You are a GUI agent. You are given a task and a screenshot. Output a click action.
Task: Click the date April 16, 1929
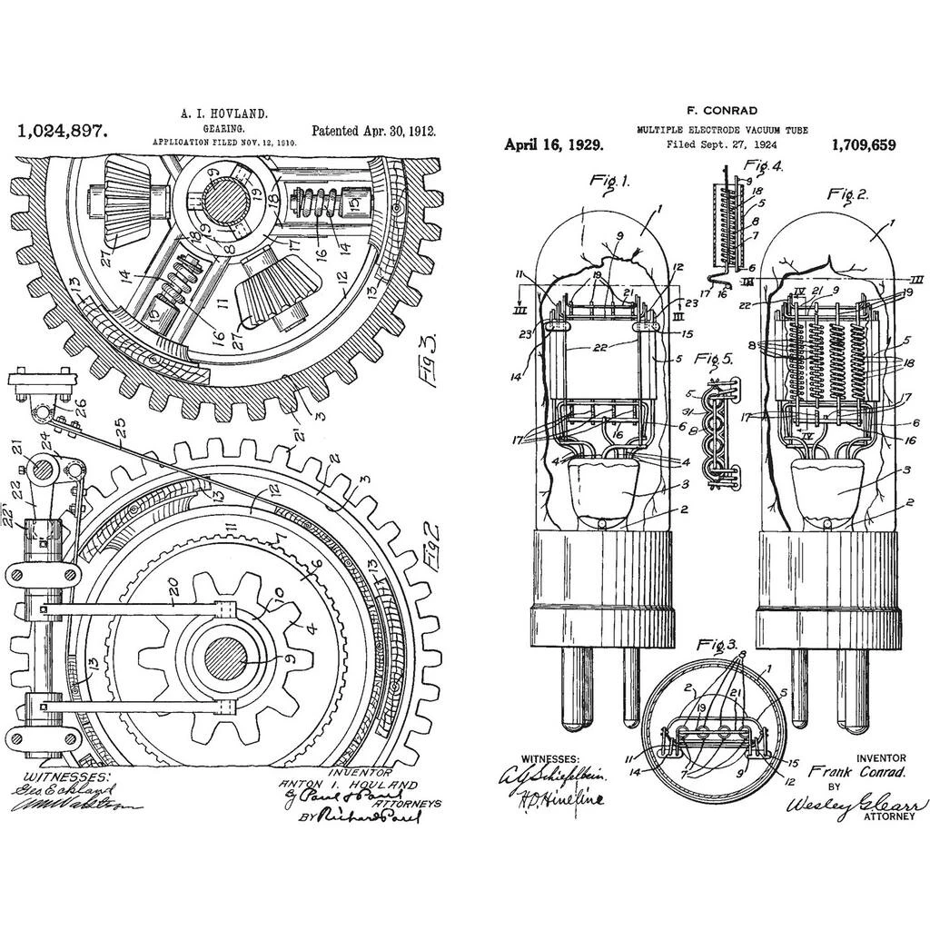[x=549, y=144]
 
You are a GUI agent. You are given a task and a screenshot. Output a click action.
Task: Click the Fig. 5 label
[x=713, y=359]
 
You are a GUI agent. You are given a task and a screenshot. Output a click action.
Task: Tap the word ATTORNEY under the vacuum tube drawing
[x=883, y=816]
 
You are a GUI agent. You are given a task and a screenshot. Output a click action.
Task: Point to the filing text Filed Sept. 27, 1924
[x=721, y=144]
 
